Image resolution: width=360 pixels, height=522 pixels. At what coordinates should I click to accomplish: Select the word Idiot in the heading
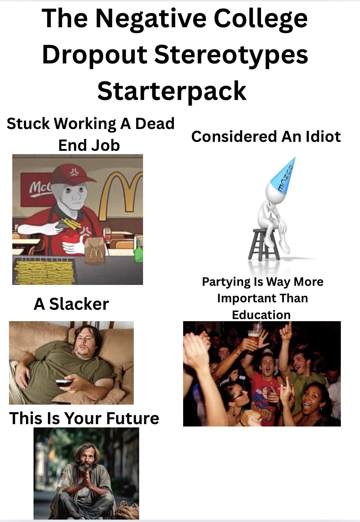[x=323, y=136]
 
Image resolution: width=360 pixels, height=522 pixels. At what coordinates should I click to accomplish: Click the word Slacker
[x=79, y=304]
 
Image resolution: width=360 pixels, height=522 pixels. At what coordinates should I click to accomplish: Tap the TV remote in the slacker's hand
[x=64, y=383]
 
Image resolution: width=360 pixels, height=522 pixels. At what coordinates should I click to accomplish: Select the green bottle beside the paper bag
[x=138, y=252]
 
